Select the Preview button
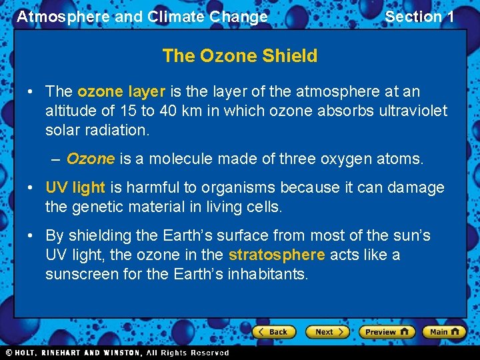[386, 332]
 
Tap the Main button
[444, 332]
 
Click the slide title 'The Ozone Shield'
[239, 56]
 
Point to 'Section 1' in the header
[419, 17]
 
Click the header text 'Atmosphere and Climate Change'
[142, 17]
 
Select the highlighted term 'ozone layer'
[121, 92]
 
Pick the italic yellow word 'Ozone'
[91, 159]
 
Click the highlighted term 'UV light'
[75, 188]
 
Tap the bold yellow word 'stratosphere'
[277, 255]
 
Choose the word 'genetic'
[95, 207]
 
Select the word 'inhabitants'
[268, 274]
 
